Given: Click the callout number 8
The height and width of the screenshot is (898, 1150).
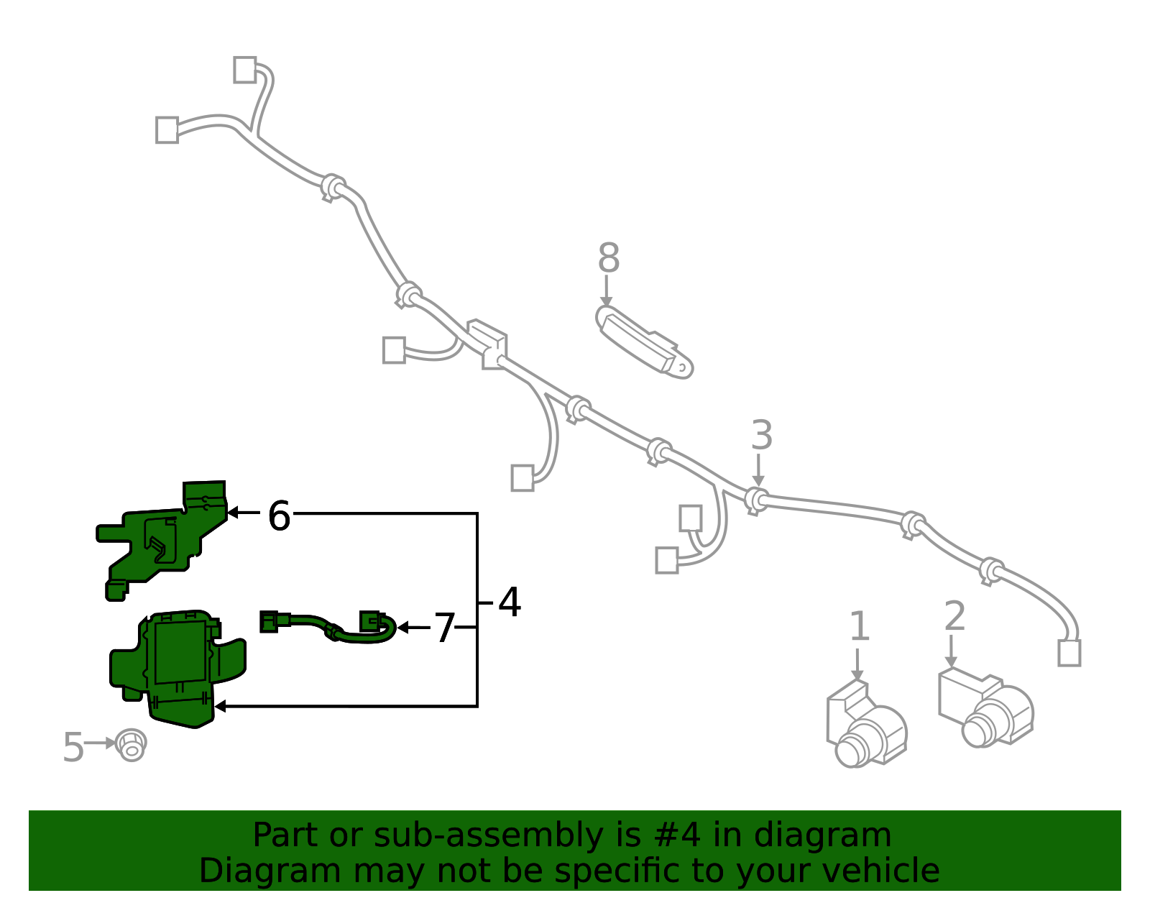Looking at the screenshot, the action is [x=608, y=257].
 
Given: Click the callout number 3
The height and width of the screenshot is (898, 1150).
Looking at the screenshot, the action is [x=762, y=435].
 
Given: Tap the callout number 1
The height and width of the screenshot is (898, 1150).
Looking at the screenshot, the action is [x=859, y=626].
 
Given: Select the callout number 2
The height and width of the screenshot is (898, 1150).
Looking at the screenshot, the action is [x=955, y=615].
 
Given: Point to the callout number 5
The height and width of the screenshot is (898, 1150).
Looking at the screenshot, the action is [x=73, y=747].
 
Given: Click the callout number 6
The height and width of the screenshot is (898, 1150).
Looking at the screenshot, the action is [x=280, y=516].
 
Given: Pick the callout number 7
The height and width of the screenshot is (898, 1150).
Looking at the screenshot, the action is [x=444, y=628].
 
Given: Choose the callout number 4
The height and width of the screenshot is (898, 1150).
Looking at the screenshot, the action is [x=510, y=602].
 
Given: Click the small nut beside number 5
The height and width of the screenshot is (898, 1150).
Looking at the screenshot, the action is [x=132, y=746].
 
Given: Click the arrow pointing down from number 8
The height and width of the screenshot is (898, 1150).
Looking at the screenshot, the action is [x=607, y=291].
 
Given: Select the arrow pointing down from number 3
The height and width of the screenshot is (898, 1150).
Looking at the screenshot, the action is [x=758, y=470].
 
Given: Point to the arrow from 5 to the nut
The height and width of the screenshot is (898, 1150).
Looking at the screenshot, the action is [x=100, y=743].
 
